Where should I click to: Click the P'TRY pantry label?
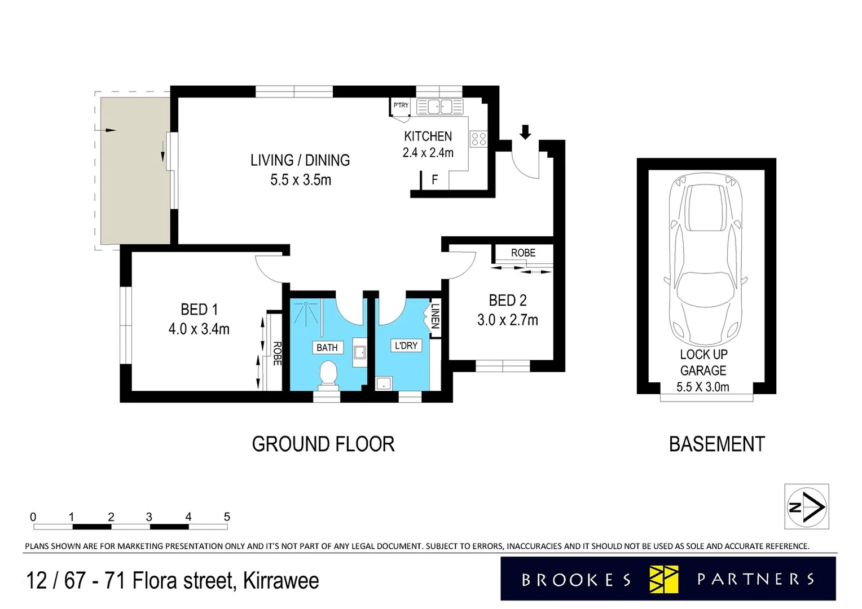point(401,105)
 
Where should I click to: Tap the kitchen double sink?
point(440,107)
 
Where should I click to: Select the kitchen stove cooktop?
point(478,139)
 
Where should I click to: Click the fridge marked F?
point(435,180)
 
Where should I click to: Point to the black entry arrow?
point(525,132)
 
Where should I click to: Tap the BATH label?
point(327,348)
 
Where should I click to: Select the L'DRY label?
point(406,346)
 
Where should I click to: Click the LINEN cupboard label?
point(436,316)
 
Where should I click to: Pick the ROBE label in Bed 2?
point(524,253)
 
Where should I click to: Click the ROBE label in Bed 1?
point(276,354)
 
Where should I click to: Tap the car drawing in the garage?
point(705,259)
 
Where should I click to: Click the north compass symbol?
point(807,507)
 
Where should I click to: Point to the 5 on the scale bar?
point(227,517)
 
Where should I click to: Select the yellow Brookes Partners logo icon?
point(663,579)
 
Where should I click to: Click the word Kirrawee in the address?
point(281,581)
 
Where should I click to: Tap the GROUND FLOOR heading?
point(323,444)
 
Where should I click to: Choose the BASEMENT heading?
point(717,444)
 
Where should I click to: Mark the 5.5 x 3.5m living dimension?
point(301,180)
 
